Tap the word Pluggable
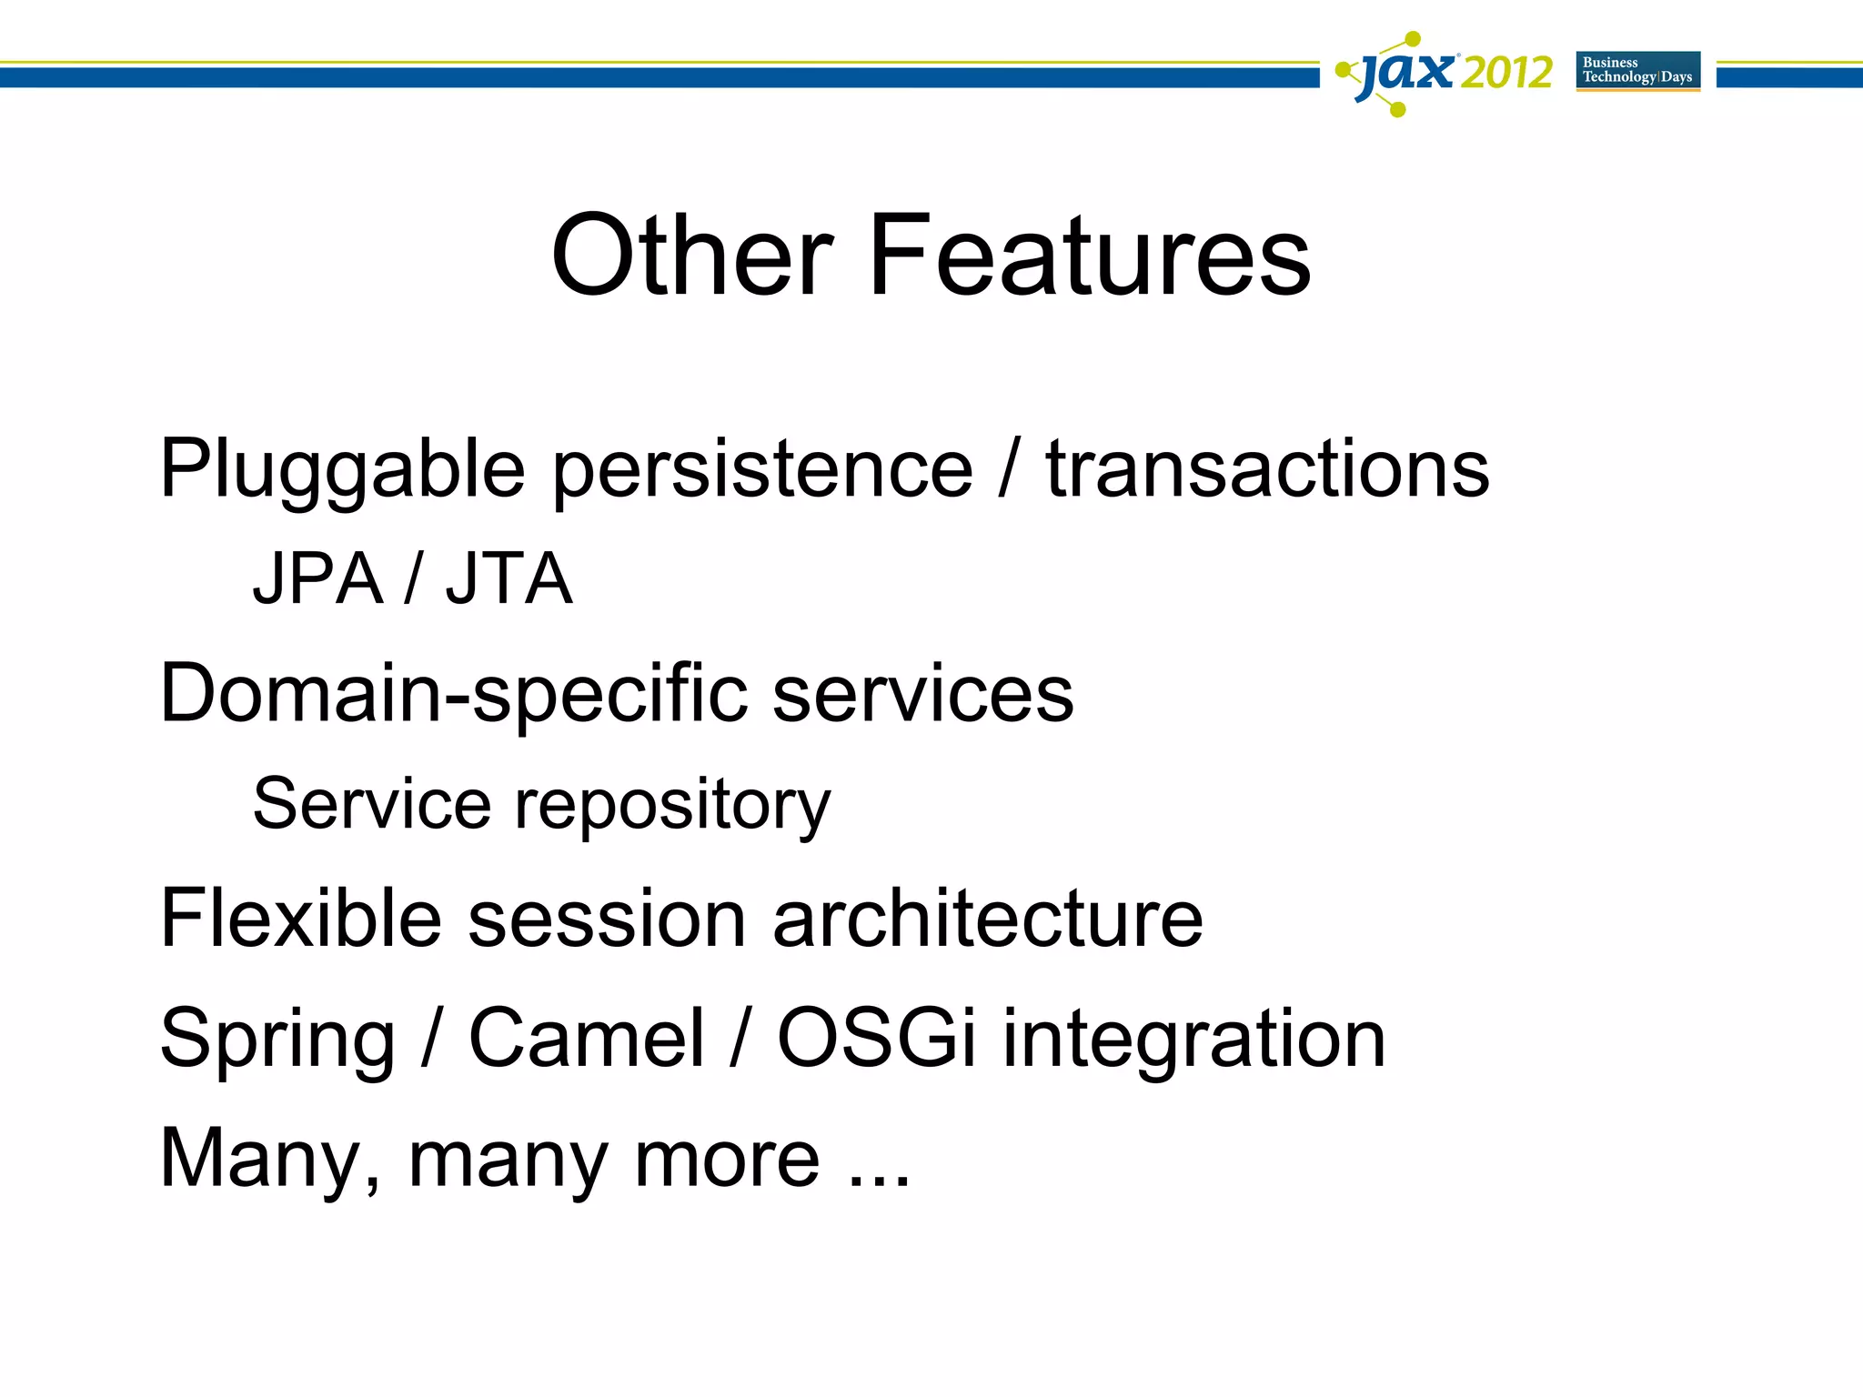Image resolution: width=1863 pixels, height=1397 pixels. click(342, 470)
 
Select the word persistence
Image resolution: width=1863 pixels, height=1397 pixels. click(762, 470)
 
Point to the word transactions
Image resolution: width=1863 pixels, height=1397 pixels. click(1267, 470)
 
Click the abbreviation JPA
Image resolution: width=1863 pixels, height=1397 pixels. click(317, 579)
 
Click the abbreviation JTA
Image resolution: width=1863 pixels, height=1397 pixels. click(509, 579)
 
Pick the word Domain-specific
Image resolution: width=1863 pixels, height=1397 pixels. click(453, 695)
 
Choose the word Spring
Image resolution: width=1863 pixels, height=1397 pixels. click(277, 1040)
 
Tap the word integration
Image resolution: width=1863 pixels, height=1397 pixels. click(1193, 1040)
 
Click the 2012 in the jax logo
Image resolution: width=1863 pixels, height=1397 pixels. click(1506, 73)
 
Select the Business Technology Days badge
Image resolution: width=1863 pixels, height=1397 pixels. click(1637, 71)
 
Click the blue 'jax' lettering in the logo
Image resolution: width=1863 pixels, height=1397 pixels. click(1405, 73)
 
